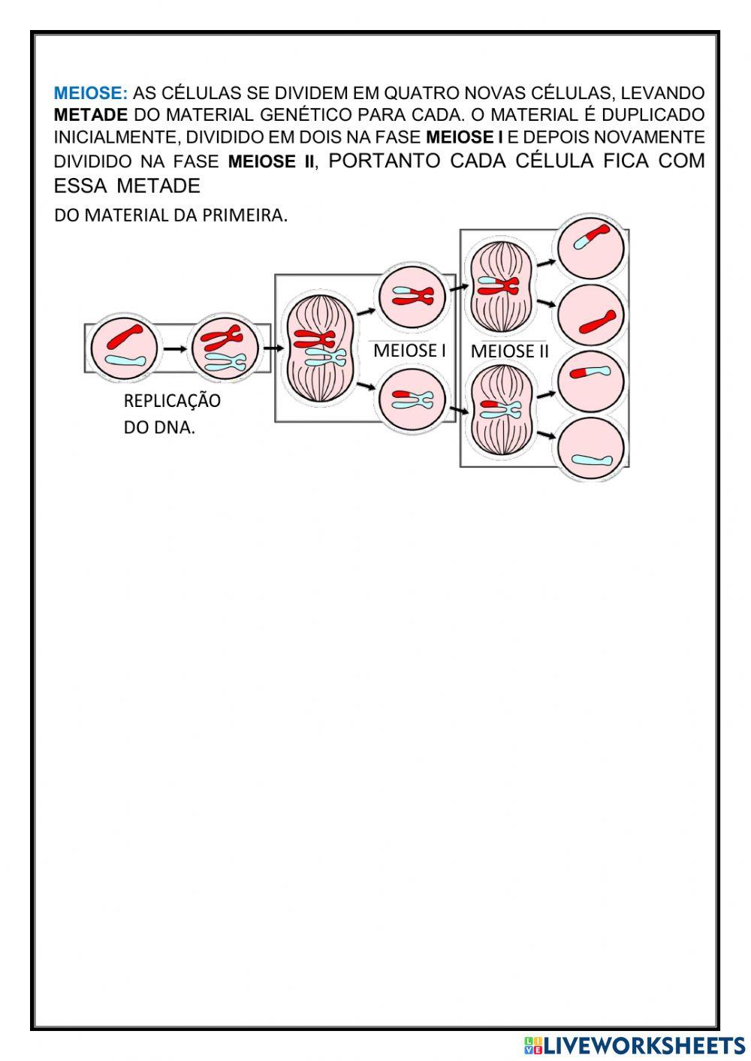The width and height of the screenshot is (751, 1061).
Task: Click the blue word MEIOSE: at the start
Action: click(90, 94)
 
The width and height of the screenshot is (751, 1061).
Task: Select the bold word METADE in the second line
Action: click(90, 116)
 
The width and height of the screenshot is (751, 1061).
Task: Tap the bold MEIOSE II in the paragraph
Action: click(271, 162)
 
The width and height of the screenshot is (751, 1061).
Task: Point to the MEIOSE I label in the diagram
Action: click(409, 350)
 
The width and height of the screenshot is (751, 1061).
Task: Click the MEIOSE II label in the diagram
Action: click(510, 351)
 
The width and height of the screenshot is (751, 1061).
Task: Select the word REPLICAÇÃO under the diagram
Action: click(172, 401)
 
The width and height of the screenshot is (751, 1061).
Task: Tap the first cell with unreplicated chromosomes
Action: click(124, 348)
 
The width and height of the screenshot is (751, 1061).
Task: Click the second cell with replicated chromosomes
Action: click(224, 348)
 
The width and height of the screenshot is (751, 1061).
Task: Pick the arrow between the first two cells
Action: click(174, 348)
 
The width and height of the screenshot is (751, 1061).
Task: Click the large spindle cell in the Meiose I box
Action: click(316, 348)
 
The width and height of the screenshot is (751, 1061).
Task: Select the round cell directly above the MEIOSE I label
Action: click(412, 295)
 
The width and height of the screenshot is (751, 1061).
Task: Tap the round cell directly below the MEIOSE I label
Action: click(412, 399)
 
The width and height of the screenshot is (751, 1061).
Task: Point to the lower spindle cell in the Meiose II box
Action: click(501, 409)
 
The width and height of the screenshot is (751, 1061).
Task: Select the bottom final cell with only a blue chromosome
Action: click(591, 450)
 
